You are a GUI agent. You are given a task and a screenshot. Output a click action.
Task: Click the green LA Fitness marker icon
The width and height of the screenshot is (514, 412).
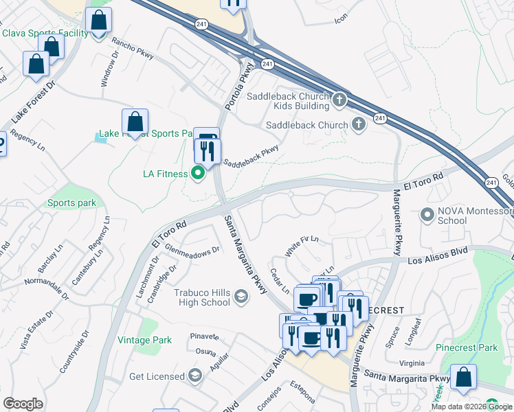tap(198, 174)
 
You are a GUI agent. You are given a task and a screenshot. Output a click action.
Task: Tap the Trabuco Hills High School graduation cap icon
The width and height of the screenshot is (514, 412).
tap(241, 297)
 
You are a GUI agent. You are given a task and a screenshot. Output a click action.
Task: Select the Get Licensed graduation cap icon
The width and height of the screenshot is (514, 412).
tap(195, 376)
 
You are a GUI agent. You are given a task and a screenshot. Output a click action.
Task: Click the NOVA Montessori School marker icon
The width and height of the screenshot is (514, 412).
tap(427, 215)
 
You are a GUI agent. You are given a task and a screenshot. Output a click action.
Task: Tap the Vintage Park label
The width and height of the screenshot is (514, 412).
tap(144, 340)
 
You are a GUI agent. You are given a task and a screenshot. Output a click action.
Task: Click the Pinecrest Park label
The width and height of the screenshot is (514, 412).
tap(467, 347)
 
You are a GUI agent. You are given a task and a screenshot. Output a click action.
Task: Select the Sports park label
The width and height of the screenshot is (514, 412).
tap(71, 203)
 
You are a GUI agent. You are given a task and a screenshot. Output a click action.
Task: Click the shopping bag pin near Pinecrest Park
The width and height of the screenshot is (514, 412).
tap(464, 378)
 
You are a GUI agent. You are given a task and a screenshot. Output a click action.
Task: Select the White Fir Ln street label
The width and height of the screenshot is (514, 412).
tap(303, 246)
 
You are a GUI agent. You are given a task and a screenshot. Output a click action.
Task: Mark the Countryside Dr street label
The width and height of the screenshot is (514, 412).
tap(75, 352)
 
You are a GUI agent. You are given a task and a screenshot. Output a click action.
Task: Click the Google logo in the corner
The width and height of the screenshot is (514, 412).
tap(23, 404)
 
